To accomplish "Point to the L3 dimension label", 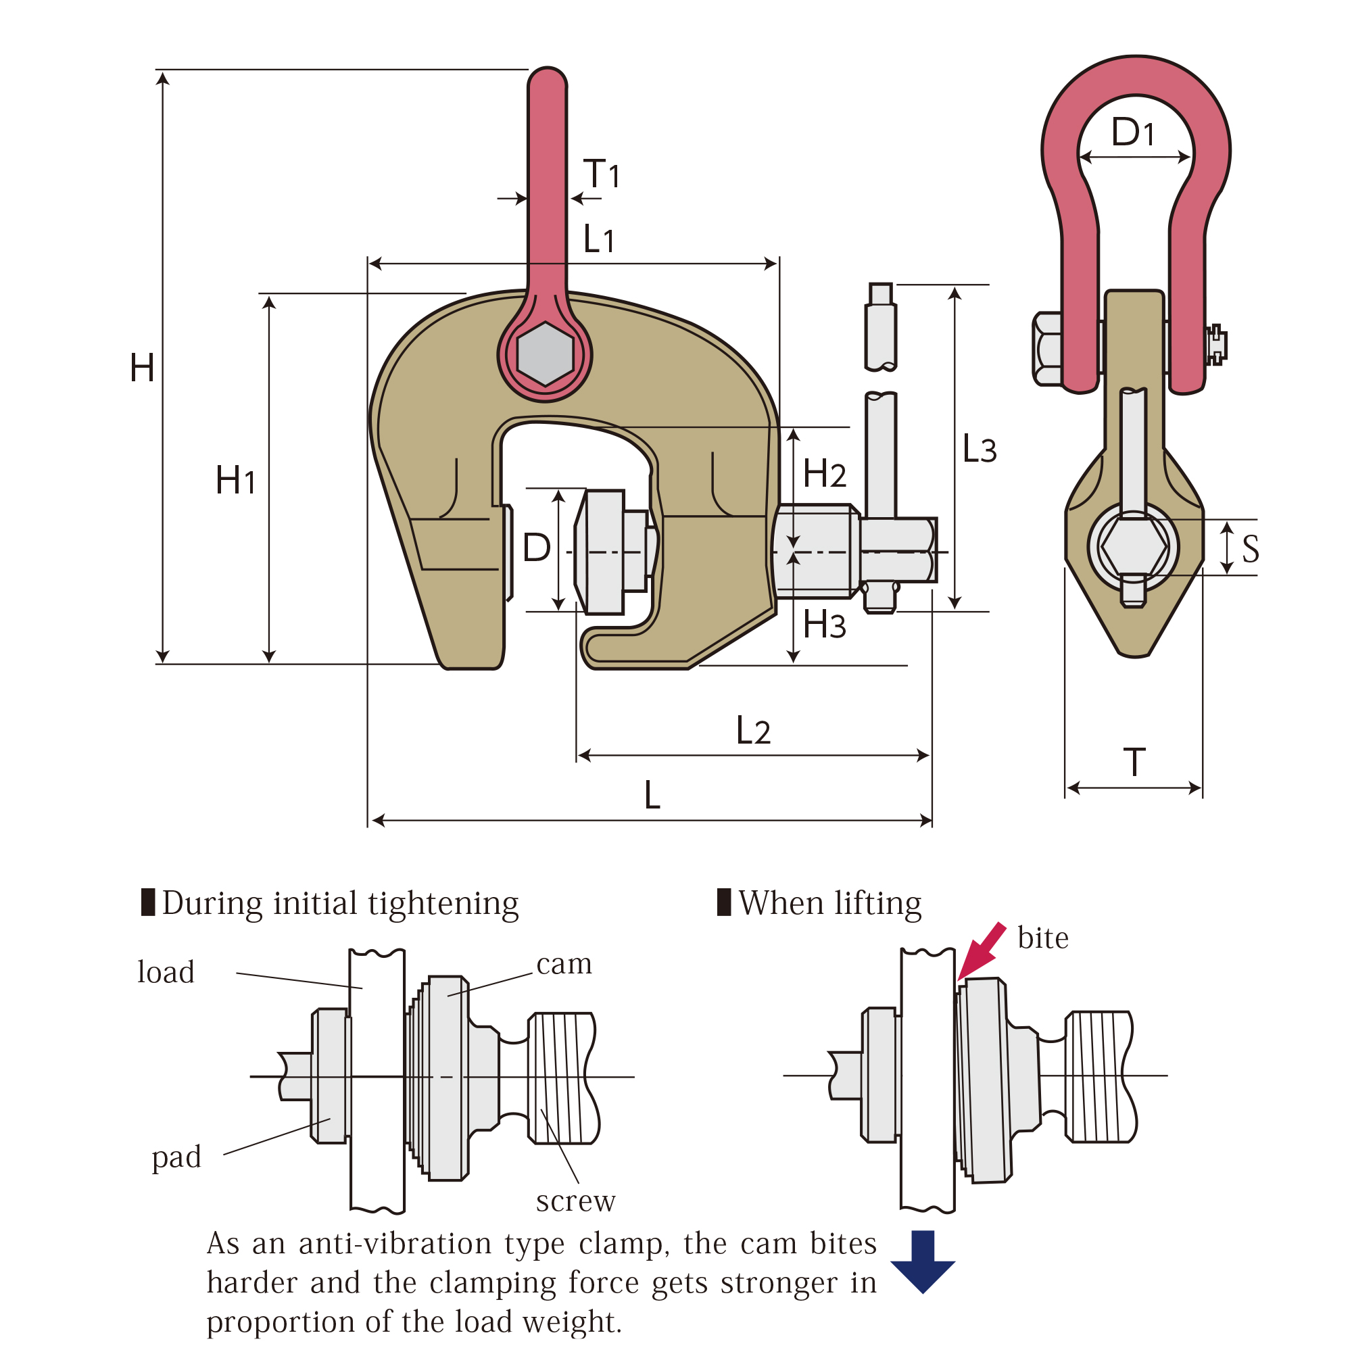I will (979, 449).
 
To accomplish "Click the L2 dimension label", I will (753, 731).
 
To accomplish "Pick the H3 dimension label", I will (824, 624).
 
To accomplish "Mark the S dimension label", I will (1251, 550).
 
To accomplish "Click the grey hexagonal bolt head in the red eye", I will (545, 354).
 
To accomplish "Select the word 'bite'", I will (1042, 938).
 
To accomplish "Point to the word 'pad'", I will (176, 1157).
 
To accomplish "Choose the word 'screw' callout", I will (575, 1201).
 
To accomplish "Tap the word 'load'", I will (166, 972).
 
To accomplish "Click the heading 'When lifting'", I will (829, 902).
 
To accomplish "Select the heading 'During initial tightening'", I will (340, 903).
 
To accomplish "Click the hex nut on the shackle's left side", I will (1047, 349).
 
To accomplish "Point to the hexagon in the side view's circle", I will (1133, 546).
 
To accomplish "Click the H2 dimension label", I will (824, 473).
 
